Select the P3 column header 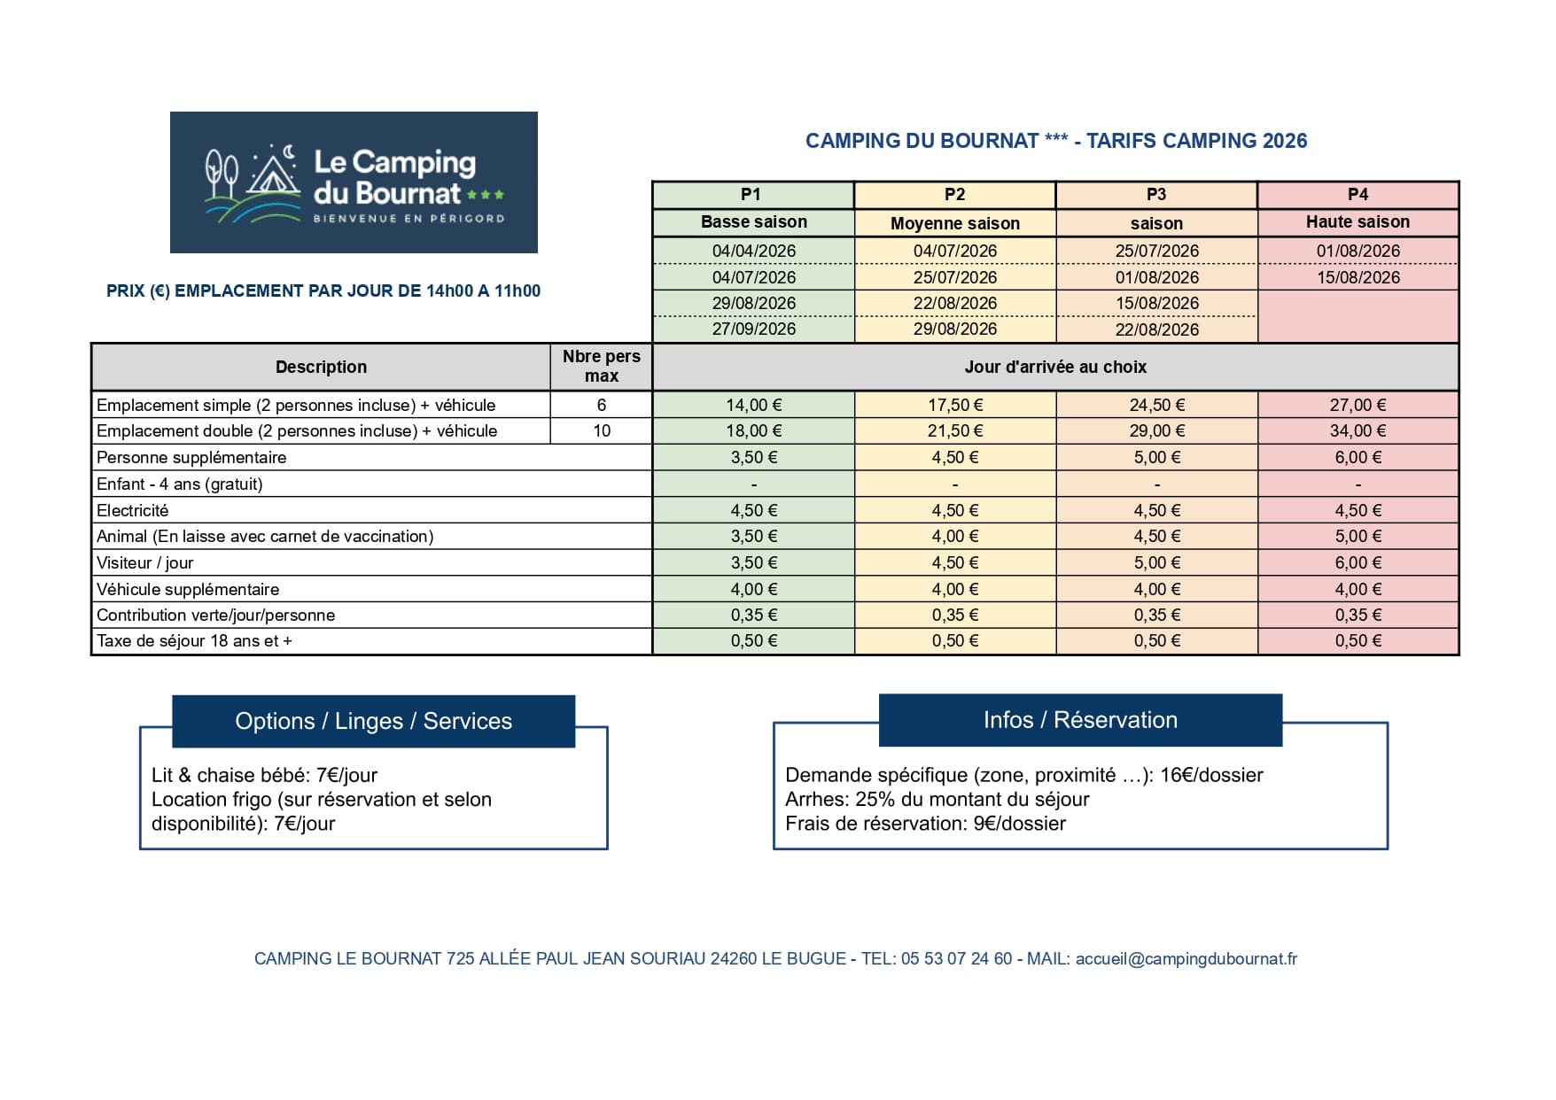pos(1155,194)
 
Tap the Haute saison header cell pos(1357,222)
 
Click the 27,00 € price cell pos(1357,405)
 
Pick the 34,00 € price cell pos(1357,431)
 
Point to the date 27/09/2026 pos(753,329)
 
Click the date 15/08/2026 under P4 pos(1358,277)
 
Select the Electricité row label pos(133,510)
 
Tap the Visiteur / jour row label pos(145,562)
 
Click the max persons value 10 pos(602,431)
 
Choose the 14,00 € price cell pos(753,405)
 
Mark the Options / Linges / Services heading pos(373,721)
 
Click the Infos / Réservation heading pos(1079,720)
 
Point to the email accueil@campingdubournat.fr pos(1186,958)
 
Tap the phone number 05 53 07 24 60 pos(956,958)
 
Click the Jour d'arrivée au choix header pos(1054,367)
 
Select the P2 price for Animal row pos(954,537)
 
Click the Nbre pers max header pos(602,366)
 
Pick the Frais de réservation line pos(925,824)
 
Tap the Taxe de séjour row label pos(194,641)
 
